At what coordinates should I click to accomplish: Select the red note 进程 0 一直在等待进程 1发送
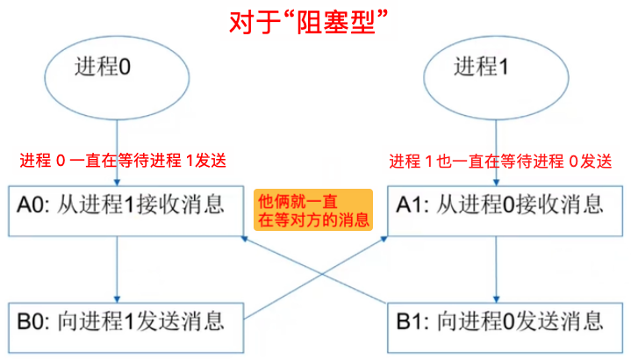123,162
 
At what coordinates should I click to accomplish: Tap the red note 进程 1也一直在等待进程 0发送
500,162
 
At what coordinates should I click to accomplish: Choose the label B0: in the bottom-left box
33,319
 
